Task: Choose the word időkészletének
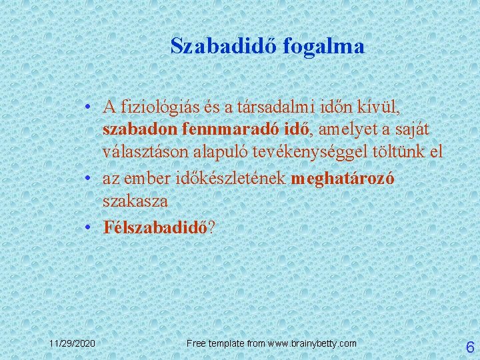(231, 179)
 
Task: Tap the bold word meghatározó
(343, 179)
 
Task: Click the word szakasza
(135, 201)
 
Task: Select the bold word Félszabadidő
(155, 227)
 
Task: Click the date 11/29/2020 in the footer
(72, 343)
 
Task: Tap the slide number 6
(469, 346)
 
